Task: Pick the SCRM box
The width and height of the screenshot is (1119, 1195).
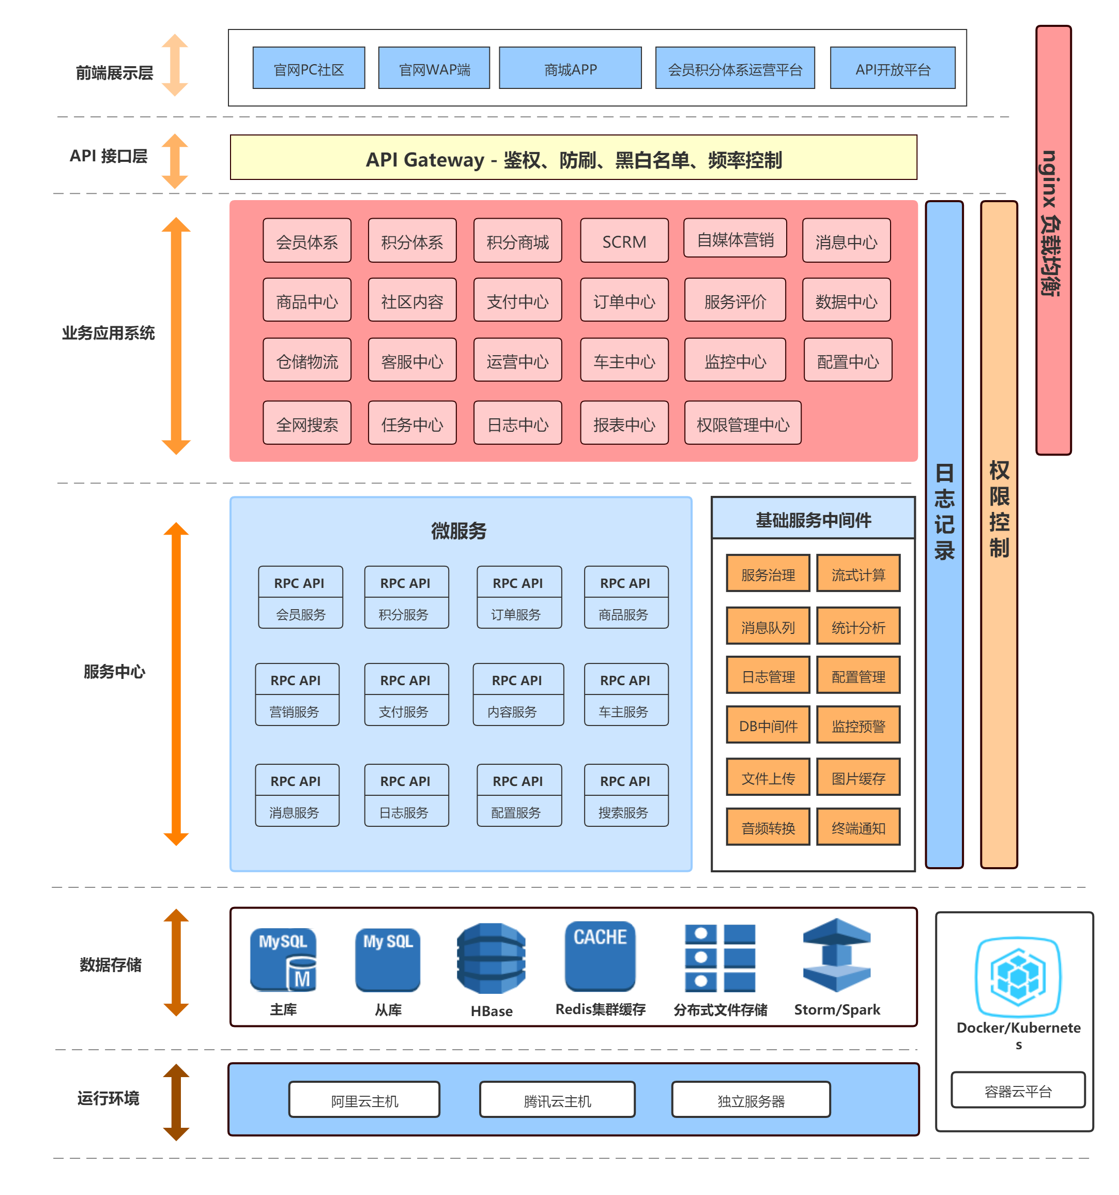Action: tap(624, 240)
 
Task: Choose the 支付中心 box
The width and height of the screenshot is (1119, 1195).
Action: tap(517, 299)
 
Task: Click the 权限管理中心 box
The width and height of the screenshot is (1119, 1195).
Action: tap(742, 422)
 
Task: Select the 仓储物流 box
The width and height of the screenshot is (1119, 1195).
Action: tap(306, 359)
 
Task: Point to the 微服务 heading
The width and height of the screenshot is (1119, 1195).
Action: tap(458, 531)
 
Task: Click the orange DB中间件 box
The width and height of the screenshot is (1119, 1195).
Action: tap(768, 724)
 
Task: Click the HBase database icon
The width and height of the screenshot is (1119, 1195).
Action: tap(491, 958)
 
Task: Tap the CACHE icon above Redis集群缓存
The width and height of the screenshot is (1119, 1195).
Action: tap(599, 956)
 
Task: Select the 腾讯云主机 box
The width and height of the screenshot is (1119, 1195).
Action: tap(557, 1099)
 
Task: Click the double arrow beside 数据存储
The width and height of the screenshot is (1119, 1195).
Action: tap(176, 962)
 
